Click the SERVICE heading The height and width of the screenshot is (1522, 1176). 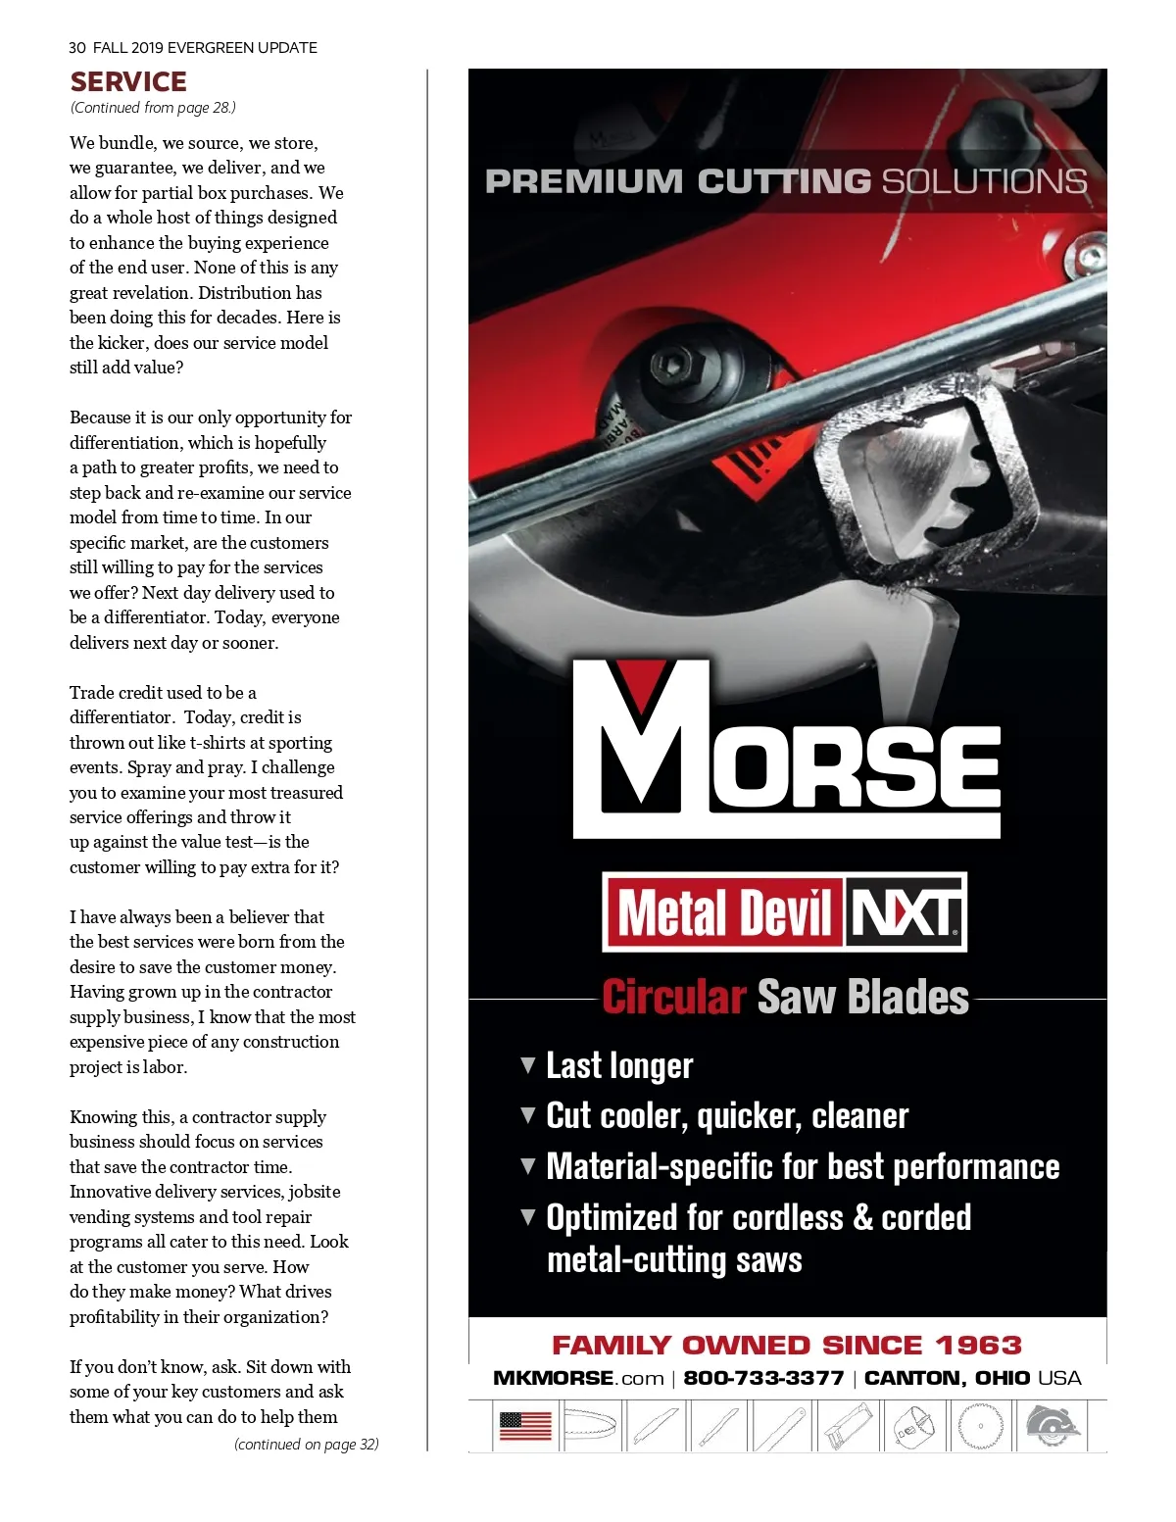(128, 82)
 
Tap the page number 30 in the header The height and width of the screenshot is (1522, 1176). (77, 47)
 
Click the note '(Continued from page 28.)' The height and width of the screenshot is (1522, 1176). (153, 108)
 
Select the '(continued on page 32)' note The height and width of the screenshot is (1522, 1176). (306, 1444)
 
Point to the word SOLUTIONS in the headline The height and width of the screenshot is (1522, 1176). (984, 181)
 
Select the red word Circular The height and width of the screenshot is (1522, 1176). (673, 997)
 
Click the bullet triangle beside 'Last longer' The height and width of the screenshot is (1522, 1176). (528, 1064)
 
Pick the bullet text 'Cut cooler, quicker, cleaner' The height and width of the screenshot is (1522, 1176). (727, 1116)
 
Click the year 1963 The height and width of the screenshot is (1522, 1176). (978, 1345)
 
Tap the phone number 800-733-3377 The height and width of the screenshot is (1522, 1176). (763, 1378)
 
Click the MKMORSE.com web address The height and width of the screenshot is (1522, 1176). (578, 1378)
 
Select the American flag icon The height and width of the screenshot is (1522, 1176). (526, 1425)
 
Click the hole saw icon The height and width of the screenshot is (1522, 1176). (915, 1426)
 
